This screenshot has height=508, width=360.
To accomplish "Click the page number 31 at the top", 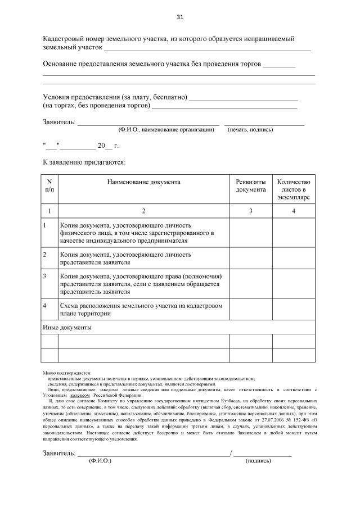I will click(180, 16).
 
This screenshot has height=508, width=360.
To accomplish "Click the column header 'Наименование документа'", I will click(143, 182).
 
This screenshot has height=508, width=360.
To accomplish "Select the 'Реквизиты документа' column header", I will click(250, 186).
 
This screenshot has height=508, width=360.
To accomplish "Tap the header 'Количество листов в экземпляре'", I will click(294, 190).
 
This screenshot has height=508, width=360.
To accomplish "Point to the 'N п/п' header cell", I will click(49, 186).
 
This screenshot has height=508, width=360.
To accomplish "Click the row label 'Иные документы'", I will click(67, 326).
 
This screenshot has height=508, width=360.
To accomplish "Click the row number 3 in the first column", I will click(45, 276).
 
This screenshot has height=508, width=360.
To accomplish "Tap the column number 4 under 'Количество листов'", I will click(294, 211).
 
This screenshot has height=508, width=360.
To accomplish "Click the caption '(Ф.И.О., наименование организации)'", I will click(166, 130).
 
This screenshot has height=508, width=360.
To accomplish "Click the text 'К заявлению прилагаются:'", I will click(84, 162).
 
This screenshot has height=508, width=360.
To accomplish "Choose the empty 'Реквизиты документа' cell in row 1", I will click(250, 232).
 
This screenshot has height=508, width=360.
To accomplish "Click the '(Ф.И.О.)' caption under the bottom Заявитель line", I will click(100, 461).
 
